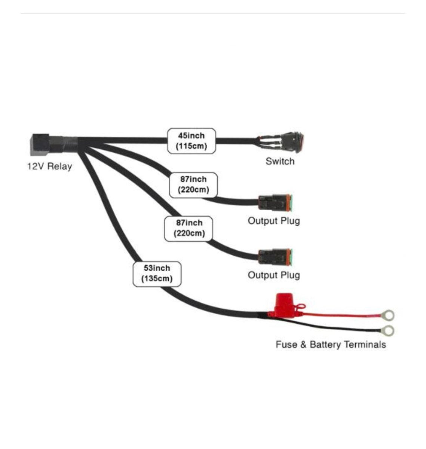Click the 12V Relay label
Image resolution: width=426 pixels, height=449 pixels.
tap(49, 166)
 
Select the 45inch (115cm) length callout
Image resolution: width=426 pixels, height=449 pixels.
tap(191, 141)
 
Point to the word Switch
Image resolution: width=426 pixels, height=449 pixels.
tap(280, 162)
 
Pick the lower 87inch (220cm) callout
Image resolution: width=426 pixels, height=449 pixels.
tap(189, 228)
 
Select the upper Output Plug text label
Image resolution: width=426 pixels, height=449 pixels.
tap(274, 221)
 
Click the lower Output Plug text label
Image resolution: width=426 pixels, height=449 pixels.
tap(274, 275)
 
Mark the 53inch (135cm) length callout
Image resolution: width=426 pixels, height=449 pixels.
tap(157, 274)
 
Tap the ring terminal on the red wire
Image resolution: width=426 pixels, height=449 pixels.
tap(388, 316)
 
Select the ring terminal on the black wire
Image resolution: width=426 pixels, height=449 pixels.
tap(388, 331)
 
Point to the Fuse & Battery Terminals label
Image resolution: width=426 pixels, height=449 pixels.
tap(331, 345)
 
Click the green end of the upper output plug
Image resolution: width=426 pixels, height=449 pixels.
tap(291, 203)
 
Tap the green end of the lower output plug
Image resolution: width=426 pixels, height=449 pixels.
tap(291, 257)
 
